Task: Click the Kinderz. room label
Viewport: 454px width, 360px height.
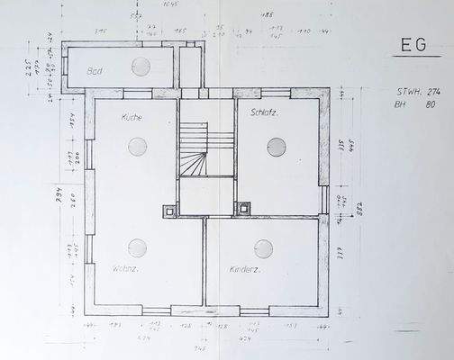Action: click(x=245, y=269)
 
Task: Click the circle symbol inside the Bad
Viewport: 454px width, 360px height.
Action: click(x=141, y=66)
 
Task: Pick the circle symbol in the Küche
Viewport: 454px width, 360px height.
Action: click(x=137, y=145)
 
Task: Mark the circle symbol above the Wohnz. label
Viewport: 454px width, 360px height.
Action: click(x=137, y=247)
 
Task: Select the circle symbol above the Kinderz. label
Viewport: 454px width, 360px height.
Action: click(x=263, y=248)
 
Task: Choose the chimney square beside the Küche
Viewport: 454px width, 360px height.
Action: click(x=169, y=211)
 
